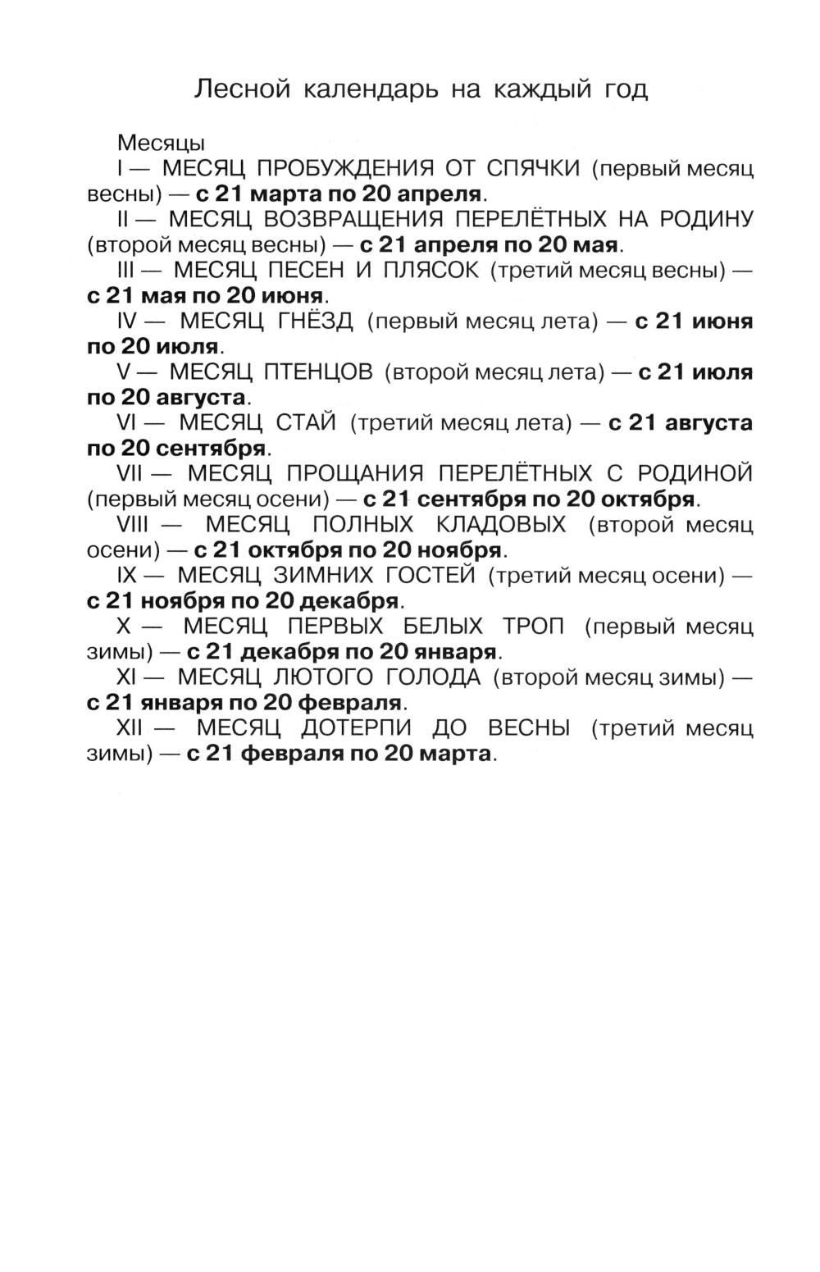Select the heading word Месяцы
pos(161,143)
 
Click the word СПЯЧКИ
pos(534,169)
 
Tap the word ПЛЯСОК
pos(431,271)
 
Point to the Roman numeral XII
pos(131,728)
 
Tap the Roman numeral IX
pos(127,576)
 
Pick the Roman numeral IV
pos(128,321)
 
